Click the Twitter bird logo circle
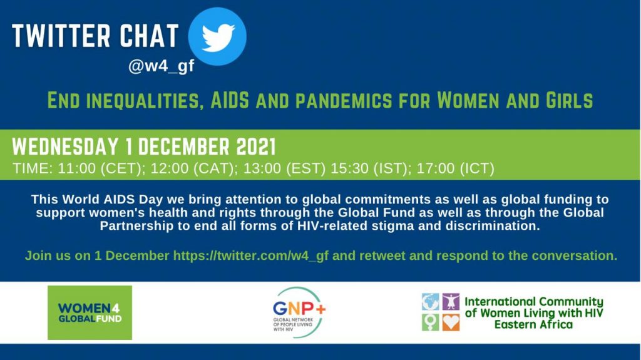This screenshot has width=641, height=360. (x=217, y=36)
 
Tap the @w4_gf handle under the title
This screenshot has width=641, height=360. (x=161, y=66)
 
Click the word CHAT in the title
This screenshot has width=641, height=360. (x=149, y=36)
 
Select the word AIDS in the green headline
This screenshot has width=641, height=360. (x=230, y=100)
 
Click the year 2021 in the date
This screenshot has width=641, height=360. (x=256, y=147)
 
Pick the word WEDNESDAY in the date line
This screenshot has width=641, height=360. (x=65, y=147)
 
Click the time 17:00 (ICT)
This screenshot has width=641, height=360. (x=456, y=168)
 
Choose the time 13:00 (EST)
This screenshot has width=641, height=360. (x=285, y=168)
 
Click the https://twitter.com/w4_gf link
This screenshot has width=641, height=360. (x=251, y=255)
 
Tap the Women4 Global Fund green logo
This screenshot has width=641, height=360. (x=90, y=312)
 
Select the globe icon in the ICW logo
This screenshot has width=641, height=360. (x=431, y=302)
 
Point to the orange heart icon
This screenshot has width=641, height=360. (x=451, y=322)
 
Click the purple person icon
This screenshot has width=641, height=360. (x=451, y=302)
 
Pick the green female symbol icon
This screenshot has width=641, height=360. (x=431, y=322)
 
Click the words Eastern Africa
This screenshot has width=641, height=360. (x=533, y=324)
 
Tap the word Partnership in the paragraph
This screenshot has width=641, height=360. (x=136, y=226)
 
